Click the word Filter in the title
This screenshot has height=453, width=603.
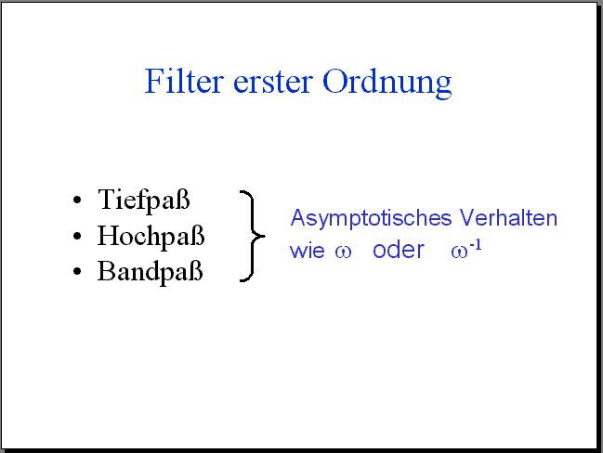pyautogui.click(x=184, y=81)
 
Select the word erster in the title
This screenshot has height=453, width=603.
pyautogui.click(x=272, y=83)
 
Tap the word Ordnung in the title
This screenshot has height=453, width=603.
pyautogui.click(x=387, y=84)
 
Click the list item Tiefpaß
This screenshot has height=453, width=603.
pyautogui.click(x=144, y=201)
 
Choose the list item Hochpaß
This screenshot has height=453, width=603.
pyautogui.click(x=151, y=236)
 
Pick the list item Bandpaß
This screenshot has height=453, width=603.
pyautogui.click(x=150, y=272)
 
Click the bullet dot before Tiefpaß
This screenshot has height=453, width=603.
pyautogui.click(x=77, y=201)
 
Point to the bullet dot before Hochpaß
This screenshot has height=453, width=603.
pyautogui.click(x=77, y=236)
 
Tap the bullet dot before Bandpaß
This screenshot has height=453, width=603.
pyautogui.click(x=77, y=271)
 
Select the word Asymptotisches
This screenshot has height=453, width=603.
pyautogui.click(x=371, y=219)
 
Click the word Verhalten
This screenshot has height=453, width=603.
pyautogui.click(x=508, y=217)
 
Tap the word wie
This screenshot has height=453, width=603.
pyautogui.click(x=308, y=251)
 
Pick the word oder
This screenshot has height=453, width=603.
pyautogui.click(x=399, y=250)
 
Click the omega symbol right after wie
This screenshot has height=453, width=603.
pyautogui.click(x=343, y=252)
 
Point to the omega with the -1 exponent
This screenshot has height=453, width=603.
pyautogui.click(x=460, y=252)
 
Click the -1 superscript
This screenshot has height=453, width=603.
pyautogui.click(x=476, y=245)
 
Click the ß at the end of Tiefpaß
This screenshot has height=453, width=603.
pyautogui.click(x=183, y=199)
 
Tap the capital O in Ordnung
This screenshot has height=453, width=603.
pyautogui.click(x=335, y=81)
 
